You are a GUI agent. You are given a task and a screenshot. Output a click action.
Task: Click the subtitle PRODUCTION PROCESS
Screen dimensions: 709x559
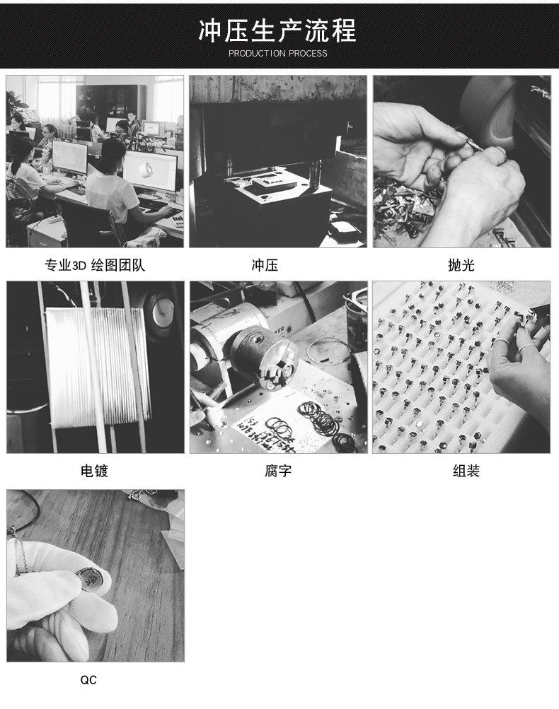(278, 54)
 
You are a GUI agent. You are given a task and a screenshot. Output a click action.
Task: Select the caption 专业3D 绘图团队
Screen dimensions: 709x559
(95, 266)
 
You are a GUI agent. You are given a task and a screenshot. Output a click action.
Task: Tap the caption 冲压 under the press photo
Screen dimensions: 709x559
(265, 266)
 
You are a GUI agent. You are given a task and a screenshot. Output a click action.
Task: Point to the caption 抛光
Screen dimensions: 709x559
(461, 266)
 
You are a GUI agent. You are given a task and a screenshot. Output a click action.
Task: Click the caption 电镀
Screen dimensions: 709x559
(94, 471)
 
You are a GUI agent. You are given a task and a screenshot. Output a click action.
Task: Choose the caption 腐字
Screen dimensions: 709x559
(278, 471)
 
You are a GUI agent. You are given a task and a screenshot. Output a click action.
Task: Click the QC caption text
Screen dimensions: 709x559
(88, 680)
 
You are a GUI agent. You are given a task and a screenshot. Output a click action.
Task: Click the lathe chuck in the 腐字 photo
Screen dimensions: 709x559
(263, 357)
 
